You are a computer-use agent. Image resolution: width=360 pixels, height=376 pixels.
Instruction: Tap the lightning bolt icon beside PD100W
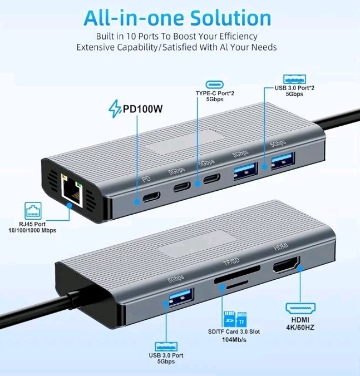tap(115, 109)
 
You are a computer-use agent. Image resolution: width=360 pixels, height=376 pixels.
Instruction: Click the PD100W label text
tap(142, 109)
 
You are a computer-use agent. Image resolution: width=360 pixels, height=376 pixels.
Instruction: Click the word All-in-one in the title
tap(130, 17)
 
